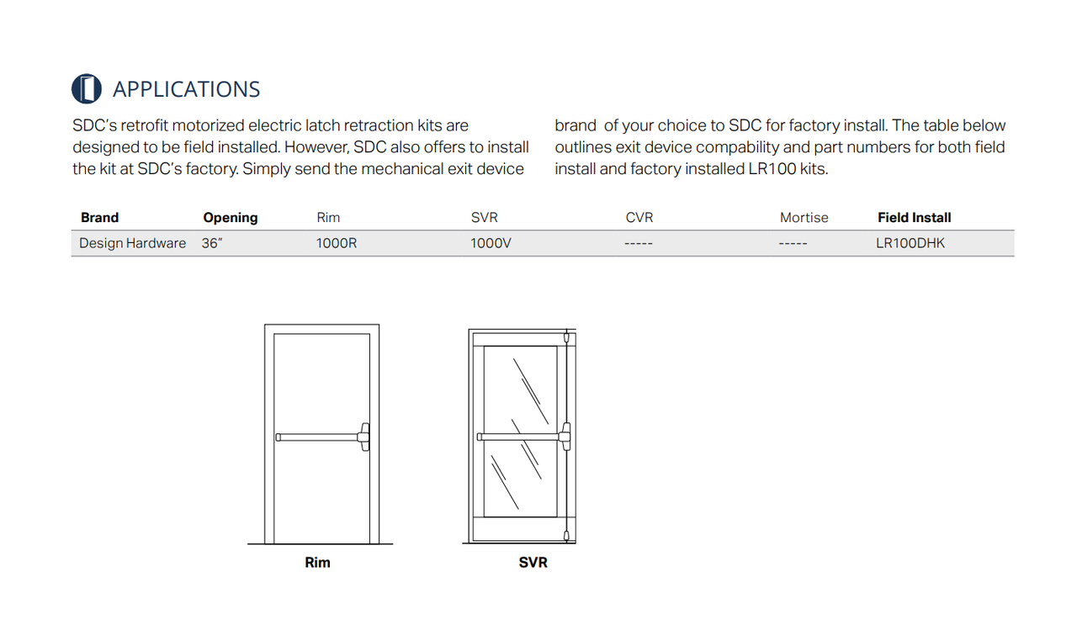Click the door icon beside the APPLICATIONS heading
pos(87,89)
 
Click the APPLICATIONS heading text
pos(186,89)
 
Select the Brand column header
pos(99,217)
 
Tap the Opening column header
pos(230,217)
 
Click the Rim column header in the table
pos(328,217)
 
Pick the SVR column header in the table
pos(485,217)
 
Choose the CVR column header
pos(639,217)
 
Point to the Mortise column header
pos(804,217)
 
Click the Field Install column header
pos(914,217)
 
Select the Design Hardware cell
pos(132,243)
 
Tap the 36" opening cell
pos(211,243)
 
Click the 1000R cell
pos(337,243)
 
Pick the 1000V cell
pos(491,243)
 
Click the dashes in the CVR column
pos(639,243)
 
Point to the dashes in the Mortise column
pos(793,243)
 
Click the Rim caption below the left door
pos(317,562)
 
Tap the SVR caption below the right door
pos(533,562)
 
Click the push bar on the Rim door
pos(318,437)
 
